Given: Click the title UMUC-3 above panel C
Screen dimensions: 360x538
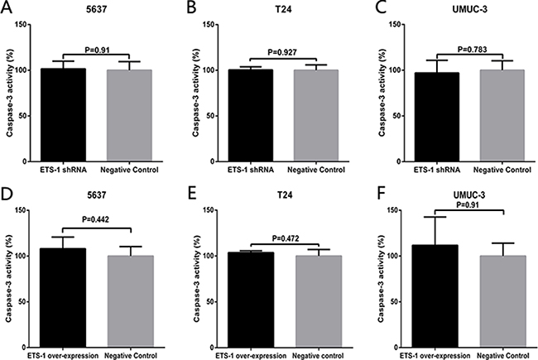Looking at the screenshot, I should coord(464,10).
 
